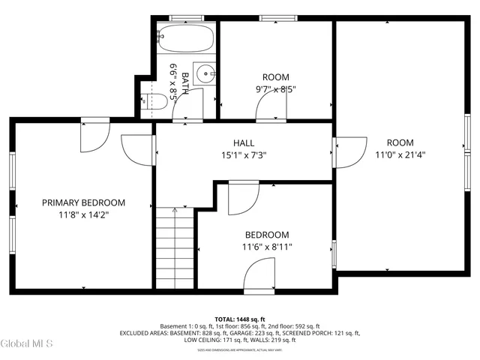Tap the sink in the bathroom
[204, 73]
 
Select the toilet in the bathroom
[155, 103]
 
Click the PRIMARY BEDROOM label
[83, 202]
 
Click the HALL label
[244, 142]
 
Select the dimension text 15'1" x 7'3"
[244, 155]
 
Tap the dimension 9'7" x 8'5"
[276, 89]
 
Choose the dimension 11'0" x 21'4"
[400, 155]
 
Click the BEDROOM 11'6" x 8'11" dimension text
[266, 247]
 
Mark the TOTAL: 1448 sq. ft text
[240, 319]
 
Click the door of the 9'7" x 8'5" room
[271, 108]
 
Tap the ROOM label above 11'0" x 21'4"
[400, 142]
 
